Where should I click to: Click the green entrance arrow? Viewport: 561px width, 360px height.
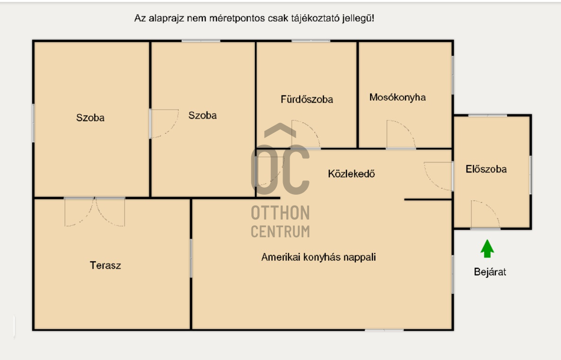coord(487,249)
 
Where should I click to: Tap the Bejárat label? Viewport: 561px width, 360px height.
coord(490,272)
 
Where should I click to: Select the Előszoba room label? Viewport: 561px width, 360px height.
coord(486,169)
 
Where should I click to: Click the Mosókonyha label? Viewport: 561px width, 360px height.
coord(397,98)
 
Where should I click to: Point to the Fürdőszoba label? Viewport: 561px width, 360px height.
coord(307,100)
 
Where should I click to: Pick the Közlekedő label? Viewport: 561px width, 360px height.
coord(351,174)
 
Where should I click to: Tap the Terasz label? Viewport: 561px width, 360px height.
coord(105,266)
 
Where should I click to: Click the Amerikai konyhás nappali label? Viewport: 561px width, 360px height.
coord(319,257)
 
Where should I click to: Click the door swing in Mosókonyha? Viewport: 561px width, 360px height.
coord(400,136)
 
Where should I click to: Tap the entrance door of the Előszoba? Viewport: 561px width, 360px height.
coord(485,215)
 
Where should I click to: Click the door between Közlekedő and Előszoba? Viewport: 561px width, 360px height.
coord(439,176)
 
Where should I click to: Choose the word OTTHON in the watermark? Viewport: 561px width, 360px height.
coord(280,213)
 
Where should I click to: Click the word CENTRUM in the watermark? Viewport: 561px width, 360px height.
coord(280,231)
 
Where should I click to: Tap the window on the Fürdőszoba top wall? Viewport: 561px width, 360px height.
coord(311,41)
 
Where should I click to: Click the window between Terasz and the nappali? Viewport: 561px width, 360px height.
coord(191,258)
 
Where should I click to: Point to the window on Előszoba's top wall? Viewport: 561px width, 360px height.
coord(487,115)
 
